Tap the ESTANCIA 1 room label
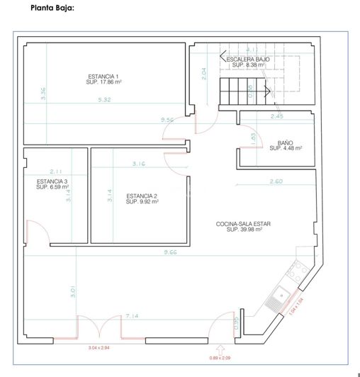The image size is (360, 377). [x=103, y=79]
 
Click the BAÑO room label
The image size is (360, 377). [x=286, y=145]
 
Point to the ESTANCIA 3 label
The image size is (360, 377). [x=52, y=184]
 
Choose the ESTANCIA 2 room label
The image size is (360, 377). [x=142, y=199]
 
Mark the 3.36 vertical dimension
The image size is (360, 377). [x=43, y=93]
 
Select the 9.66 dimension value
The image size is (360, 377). [x=169, y=252]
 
